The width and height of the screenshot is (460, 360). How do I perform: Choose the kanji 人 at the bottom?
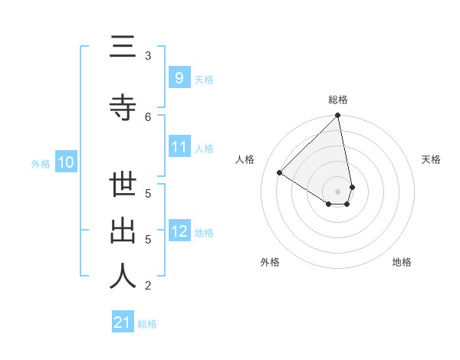[123, 277]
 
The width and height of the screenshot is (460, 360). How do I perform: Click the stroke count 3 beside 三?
[148, 55]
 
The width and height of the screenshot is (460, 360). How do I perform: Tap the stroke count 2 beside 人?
[148, 286]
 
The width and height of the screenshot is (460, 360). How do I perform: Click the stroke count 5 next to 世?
[148, 193]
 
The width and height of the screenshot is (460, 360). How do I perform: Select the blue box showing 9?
[179, 77]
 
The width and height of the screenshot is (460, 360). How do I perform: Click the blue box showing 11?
[179, 147]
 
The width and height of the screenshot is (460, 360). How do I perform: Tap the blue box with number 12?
[179, 231]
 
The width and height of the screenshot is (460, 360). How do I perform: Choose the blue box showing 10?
[65, 162]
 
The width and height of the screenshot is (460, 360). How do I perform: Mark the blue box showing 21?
[123, 322]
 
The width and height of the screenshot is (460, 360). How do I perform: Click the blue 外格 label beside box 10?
[41, 163]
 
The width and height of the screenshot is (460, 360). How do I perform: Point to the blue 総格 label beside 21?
[147, 324]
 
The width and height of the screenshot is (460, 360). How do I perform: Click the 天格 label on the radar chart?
[431, 159]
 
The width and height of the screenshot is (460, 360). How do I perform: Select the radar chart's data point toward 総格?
[338, 116]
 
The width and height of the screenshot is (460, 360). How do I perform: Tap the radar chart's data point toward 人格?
[280, 172]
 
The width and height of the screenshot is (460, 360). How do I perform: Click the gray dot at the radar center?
[338, 191]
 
